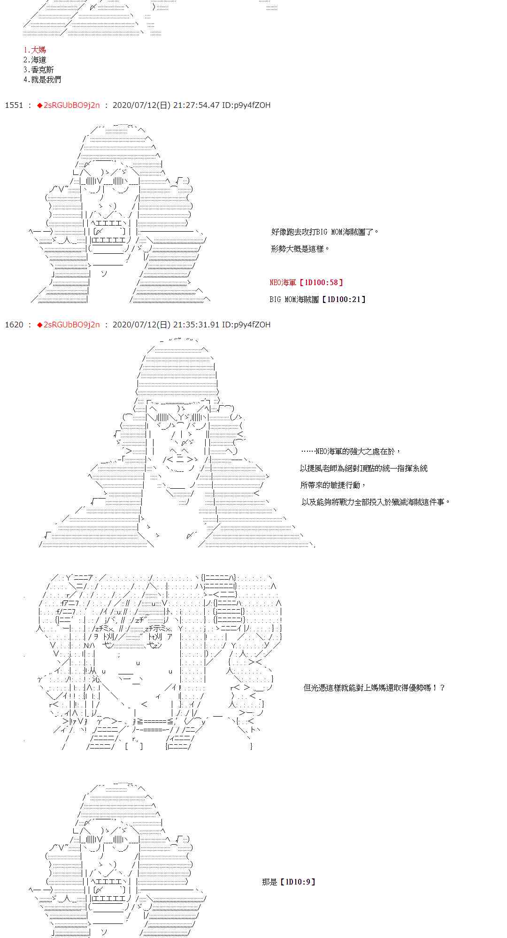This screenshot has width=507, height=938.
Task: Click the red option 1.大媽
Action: point(35,50)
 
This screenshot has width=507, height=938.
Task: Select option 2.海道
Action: point(35,60)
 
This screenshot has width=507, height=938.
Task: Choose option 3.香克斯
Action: point(38,70)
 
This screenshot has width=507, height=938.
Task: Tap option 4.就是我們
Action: point(42,80)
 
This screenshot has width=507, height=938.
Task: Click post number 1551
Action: point(14,105)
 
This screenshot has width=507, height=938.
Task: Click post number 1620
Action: point(14,325)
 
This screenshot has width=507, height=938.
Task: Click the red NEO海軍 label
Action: point(283,282)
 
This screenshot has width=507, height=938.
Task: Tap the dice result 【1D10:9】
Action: point(297,882)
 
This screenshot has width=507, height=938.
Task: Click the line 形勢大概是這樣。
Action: point(300,249)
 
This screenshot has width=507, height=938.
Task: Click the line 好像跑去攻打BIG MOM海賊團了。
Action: point(325,232)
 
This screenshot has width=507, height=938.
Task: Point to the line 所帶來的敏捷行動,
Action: point(333,485)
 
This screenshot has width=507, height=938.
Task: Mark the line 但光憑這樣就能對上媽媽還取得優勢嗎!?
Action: point(374,688)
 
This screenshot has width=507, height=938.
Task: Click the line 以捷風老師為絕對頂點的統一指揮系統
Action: point(364,468)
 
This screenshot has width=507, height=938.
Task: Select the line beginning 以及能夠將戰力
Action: point(376,502)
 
